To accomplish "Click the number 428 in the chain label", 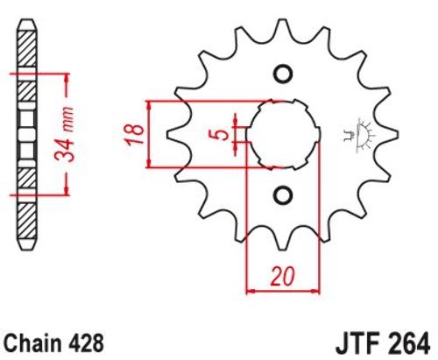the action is (x=87, y=343).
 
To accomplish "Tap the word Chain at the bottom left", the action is (x=34, y=343).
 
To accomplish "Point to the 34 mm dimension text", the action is (x=65, y=134).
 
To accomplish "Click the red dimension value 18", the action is (x=135, y=134).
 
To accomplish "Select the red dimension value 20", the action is (x=282, y=276).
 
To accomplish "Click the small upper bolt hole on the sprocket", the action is (x=283, y=74).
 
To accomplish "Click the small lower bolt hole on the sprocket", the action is (x=283, y=194).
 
